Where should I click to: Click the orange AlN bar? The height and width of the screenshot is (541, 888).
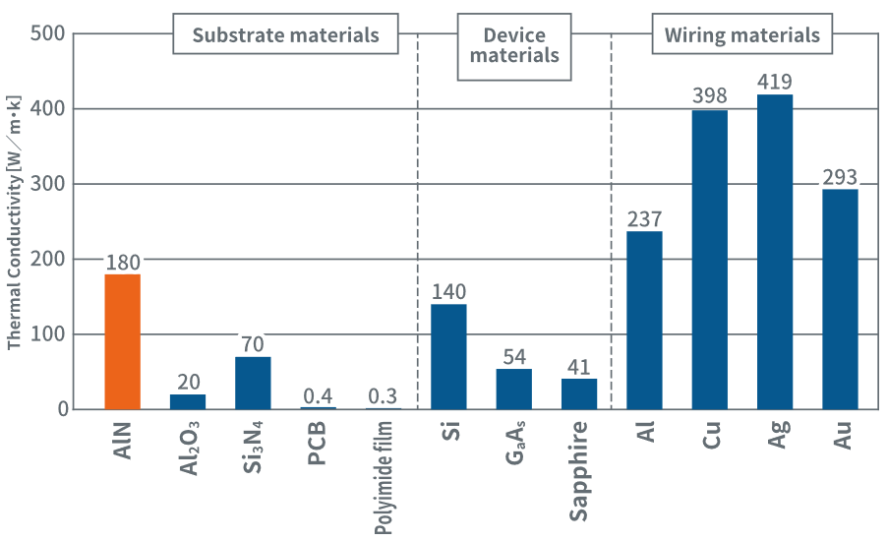[x=122, y=341]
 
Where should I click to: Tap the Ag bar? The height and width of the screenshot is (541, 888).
[x=774, y=252]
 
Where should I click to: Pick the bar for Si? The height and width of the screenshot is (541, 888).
[x=448, y=356]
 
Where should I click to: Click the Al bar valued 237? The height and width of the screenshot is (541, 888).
[x=644, y=320]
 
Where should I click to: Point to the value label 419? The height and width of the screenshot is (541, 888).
[x=775, y=81]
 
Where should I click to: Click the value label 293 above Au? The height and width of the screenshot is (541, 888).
[x=840, y=177]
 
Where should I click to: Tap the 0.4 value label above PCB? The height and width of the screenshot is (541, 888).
[x=318, y=395]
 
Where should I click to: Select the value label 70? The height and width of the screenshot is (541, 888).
[x=253, y=344]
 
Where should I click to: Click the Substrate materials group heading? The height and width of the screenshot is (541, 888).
[x=285, y=35]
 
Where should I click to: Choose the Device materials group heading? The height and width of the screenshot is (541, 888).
[x=514, y=45]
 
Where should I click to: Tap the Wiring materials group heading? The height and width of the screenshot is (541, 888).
[x=741, y=35]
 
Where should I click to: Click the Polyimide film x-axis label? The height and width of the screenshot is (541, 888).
[x=383, y=477]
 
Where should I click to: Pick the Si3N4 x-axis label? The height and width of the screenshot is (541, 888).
[x=253, y=451]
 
